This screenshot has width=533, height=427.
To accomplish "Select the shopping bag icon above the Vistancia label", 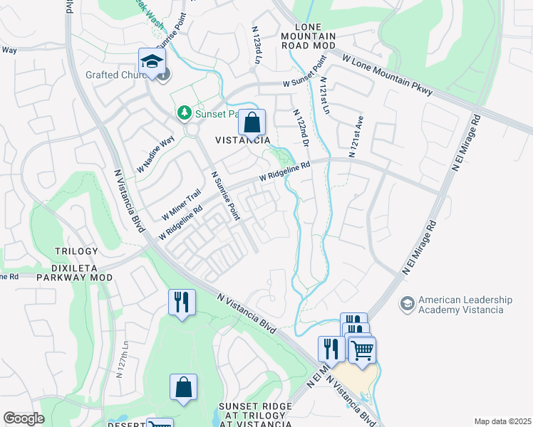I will (x=252, y=123).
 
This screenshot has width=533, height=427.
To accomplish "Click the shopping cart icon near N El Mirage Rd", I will (x=362, y=349).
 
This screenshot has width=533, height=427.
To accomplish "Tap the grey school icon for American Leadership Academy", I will (x=408, y=304).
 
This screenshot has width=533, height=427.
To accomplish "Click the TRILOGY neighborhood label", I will (x=76, y=252).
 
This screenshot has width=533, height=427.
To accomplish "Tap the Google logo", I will (x=24, y=418).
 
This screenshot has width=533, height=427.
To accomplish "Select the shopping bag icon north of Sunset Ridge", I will (x=183, y=388).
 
